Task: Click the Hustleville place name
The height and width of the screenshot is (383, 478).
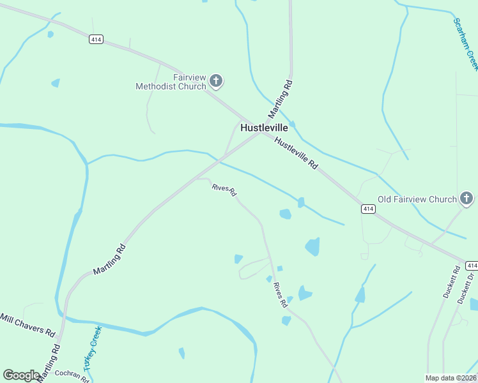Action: click(264, 128)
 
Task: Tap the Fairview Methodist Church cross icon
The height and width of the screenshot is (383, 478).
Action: click(216, 81)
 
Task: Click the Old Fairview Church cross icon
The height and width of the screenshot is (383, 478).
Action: click(466, 199)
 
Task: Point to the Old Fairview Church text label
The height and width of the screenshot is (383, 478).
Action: click(417, 199)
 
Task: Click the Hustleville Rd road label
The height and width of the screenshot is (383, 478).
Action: click(297, 153)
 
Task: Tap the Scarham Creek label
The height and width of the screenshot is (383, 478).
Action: click(465, 43)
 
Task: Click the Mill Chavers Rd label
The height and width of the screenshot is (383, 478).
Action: click(27, 324)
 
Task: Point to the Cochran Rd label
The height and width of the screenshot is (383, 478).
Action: click(72, 375)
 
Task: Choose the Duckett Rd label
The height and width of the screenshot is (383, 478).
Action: click(451, 283)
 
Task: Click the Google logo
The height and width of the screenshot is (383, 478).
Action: click(21, 375)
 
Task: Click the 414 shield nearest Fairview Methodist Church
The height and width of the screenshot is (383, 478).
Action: click(96, 40)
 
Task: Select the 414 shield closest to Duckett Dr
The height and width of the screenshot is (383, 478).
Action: click(472, 265)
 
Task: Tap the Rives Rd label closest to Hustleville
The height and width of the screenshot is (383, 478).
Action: click(224, 189)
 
